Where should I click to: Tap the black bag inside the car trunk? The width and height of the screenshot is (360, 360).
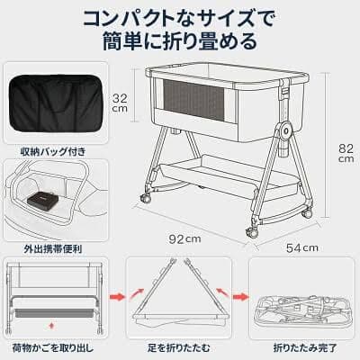tap(41, 195)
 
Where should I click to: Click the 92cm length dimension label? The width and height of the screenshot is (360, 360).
tap(188, 238)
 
